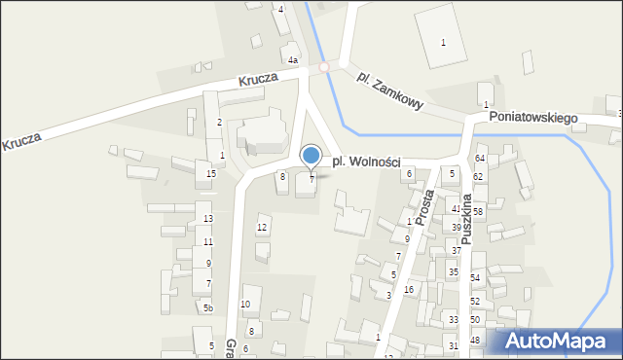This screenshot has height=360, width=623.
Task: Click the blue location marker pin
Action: (x=311, y=157)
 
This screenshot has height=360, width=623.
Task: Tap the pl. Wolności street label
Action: (x=366, y=162)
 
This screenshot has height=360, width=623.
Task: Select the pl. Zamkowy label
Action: (x=389, y=90)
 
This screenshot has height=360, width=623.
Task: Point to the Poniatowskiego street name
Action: (x=533, y=117)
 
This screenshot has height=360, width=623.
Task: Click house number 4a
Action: (x=292, y=60)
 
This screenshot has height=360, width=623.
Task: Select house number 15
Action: (x=211, y=174)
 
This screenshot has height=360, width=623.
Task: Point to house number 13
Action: (x=208, y=219)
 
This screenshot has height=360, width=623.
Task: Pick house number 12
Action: (x=261, y=228)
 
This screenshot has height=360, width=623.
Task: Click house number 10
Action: (x=245, y=305)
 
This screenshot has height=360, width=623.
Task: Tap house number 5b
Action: (x=207, y=308)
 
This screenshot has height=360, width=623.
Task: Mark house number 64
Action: (x=480, y=158)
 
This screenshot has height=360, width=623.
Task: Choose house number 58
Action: (x=478, y=211)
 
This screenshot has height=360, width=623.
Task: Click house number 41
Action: (x=456, y=208)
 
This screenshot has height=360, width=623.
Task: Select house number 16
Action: (x=409, y=290)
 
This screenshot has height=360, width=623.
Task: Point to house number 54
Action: (x=475, y=278)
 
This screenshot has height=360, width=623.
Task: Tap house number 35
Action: (x=454, y=271)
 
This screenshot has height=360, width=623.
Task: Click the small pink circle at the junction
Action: (x=325, y=68)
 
